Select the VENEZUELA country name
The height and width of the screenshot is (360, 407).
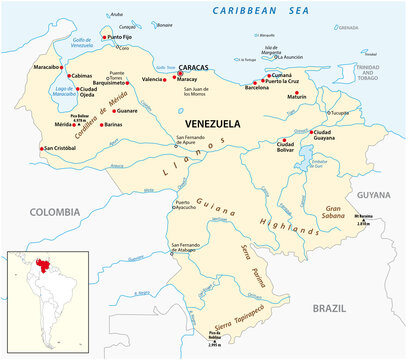pos(214,123)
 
